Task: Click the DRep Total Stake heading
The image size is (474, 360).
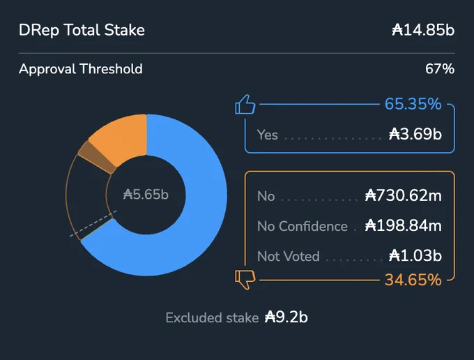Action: [82, 30]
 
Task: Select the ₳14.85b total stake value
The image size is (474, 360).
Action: [423, 30]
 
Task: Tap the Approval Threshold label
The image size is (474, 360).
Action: [80, 69]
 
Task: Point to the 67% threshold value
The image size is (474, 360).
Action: [440, 69]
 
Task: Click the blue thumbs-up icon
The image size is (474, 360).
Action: [245, 105]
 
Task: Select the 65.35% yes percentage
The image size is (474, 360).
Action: [413, 104]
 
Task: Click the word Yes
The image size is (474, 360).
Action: [267, 135]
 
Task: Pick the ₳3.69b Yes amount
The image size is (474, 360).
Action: [415, 134]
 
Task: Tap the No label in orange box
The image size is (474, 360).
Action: [266, 196]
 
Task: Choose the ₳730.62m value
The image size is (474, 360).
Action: [404, 195]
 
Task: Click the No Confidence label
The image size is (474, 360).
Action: [303, 226]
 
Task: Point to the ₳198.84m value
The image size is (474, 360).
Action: [404, 225]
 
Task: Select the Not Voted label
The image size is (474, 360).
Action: [289, 256]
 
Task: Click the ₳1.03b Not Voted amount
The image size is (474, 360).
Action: [415, 255]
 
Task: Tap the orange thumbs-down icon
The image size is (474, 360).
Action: [245, 280]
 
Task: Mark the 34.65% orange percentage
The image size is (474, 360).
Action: [413, 280]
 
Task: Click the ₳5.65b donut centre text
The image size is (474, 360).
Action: [146, 194]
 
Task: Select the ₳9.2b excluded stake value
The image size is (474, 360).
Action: [286, 317]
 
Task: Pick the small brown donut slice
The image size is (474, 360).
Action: [97, 157]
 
